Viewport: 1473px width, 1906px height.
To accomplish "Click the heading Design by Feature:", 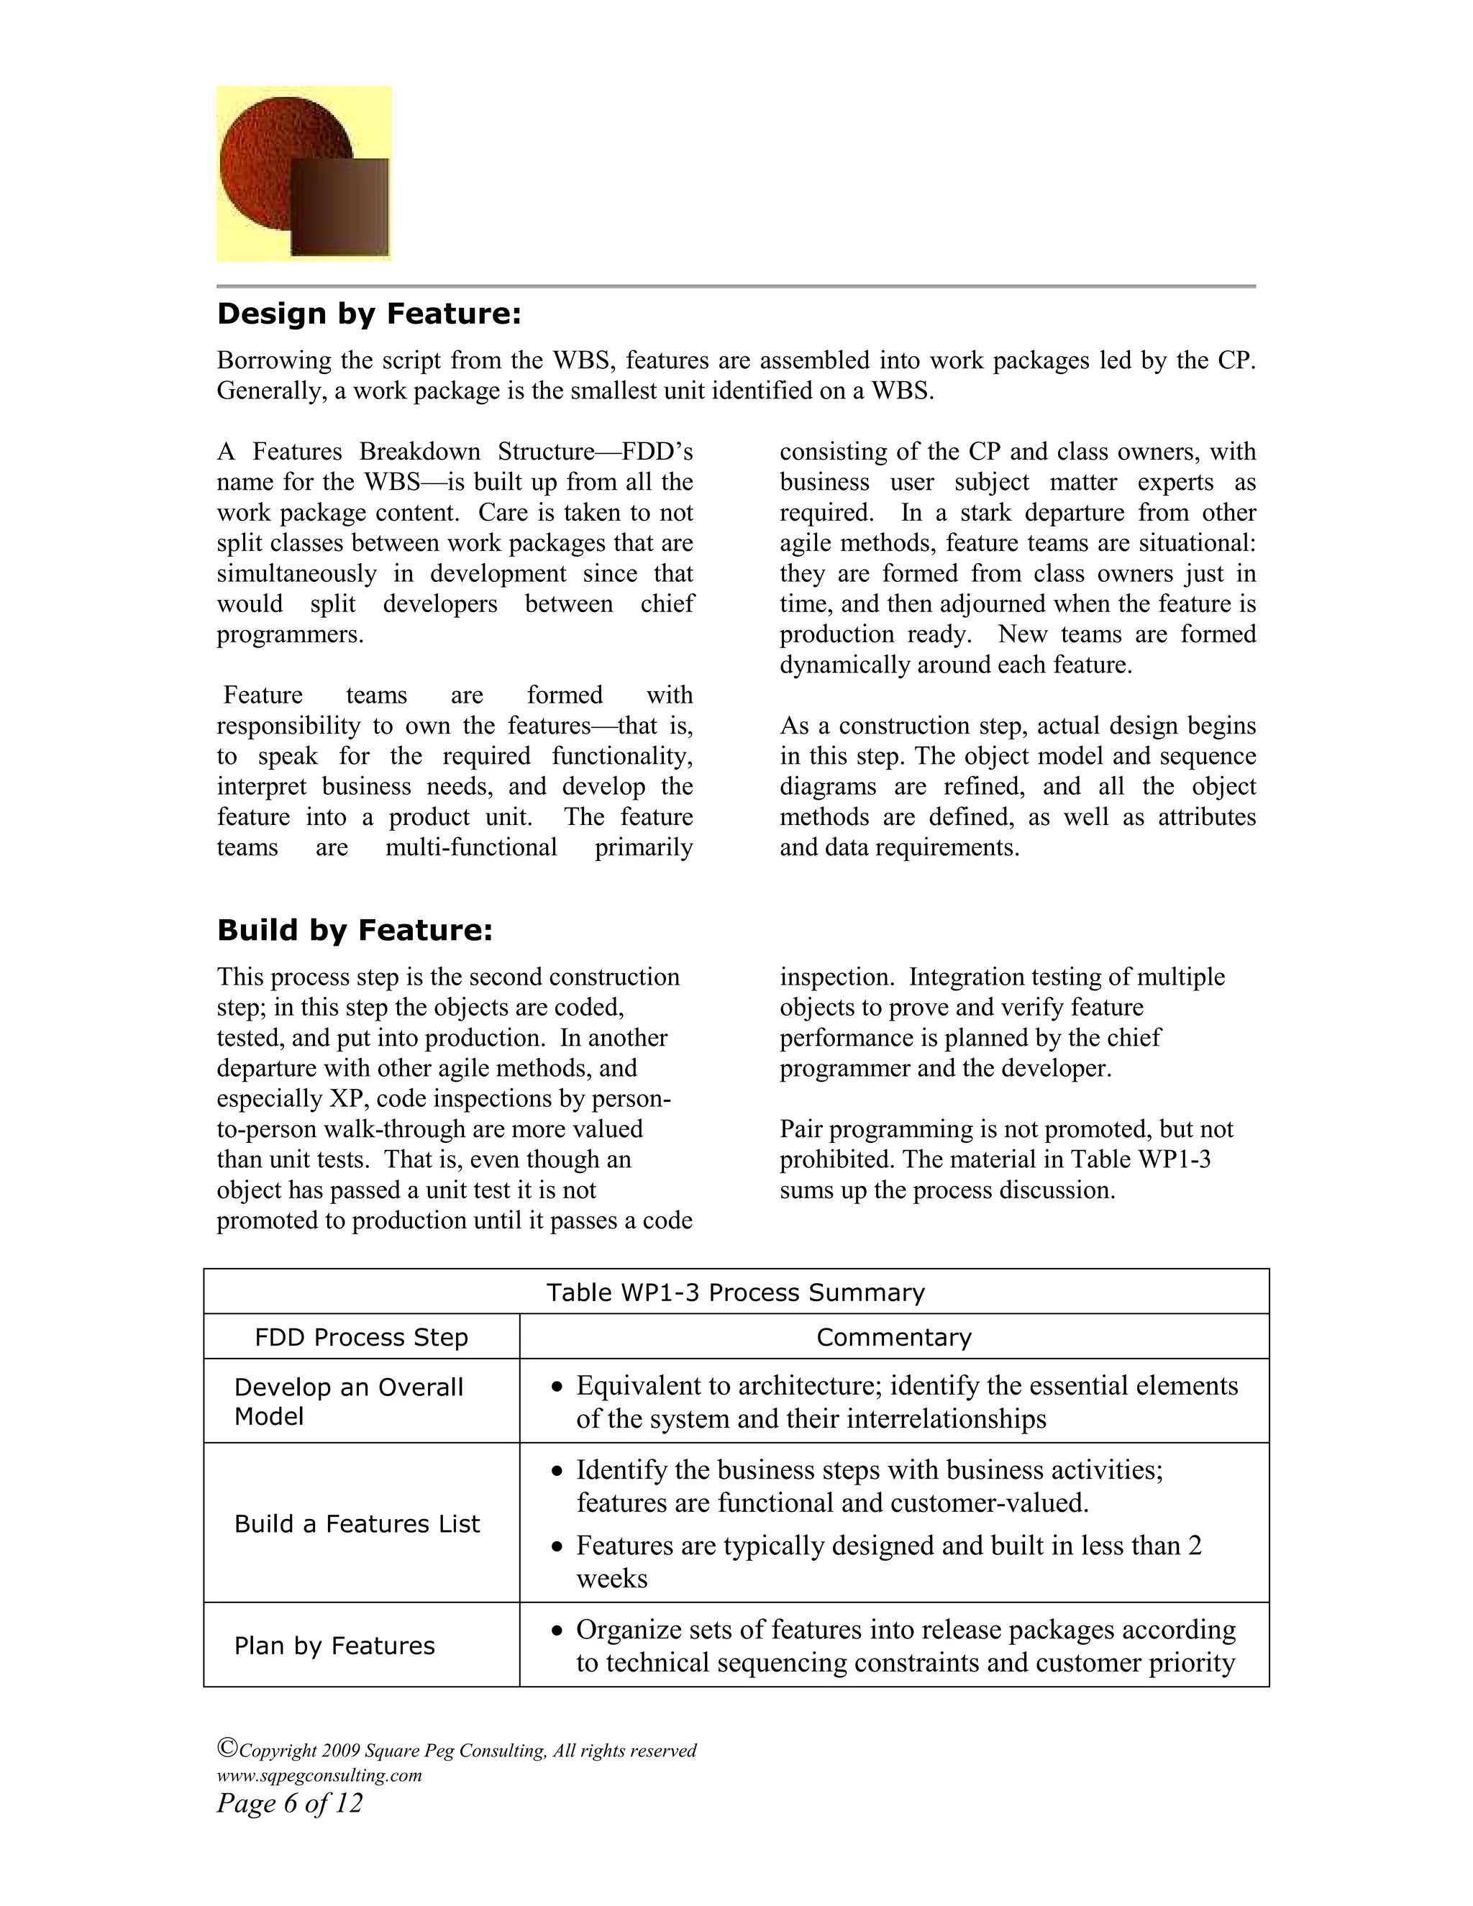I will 368,314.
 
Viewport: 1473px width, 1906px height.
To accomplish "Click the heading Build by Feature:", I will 355,930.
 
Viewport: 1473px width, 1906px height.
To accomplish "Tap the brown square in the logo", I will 340,208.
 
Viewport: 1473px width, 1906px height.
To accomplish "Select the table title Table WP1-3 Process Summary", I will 735,1292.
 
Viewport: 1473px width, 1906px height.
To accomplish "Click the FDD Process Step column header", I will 361,1337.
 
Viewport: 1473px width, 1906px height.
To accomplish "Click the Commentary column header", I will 893,1337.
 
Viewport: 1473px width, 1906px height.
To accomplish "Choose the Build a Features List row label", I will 357,1524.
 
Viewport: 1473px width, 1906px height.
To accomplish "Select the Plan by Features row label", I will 334,1646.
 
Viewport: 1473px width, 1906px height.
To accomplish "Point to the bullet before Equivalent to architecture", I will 557,1387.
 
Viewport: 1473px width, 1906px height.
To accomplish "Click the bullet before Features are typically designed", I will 557,1547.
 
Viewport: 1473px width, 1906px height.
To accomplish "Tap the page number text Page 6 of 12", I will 289,1803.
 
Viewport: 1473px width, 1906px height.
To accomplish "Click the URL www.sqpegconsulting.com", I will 319,1775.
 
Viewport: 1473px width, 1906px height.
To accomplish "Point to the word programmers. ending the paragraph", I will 290,634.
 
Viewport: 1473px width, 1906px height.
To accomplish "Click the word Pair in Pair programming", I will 801,1129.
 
